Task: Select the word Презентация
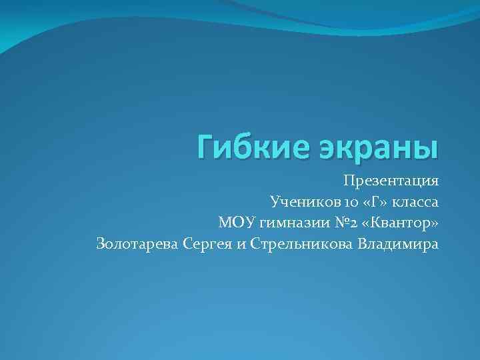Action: tap(391, 181)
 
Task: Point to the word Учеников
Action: tap(299, 201)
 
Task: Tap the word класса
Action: tap(414, 201)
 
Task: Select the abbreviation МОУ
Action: tap(233, 222)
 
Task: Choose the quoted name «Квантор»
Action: tap(400, 222)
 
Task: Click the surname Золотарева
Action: tap(137, 243)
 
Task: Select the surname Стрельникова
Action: tap(301, 243)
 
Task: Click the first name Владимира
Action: tap(399, 243)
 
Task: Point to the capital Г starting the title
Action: tap(206, 146)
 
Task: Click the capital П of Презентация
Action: tap(349, 181)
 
